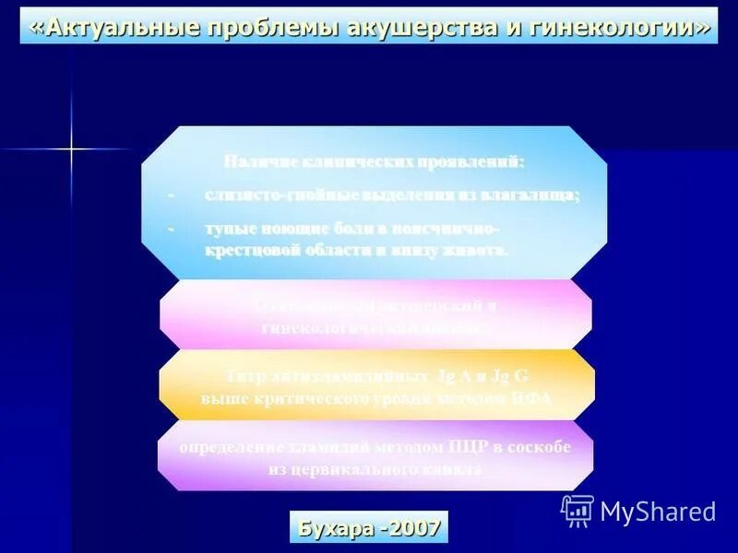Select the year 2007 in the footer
414,529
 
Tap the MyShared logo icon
577,511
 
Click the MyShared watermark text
658,512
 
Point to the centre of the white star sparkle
71,147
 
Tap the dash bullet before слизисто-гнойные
170,195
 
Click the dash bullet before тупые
170,228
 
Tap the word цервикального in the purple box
352,469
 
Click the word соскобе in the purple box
541,447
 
